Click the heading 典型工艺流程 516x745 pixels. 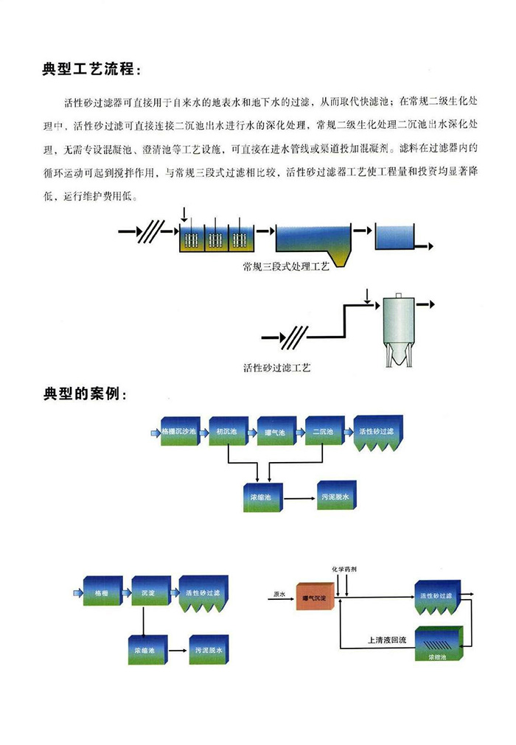[x=89, y=70]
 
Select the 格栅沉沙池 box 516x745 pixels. [x=179, y=431]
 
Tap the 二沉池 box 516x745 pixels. [x=324, y=431]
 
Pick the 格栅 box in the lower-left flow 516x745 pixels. [x=102, y=591]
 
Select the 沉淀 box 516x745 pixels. [x=150, y=591]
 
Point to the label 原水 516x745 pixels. [x=279, y=593]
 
